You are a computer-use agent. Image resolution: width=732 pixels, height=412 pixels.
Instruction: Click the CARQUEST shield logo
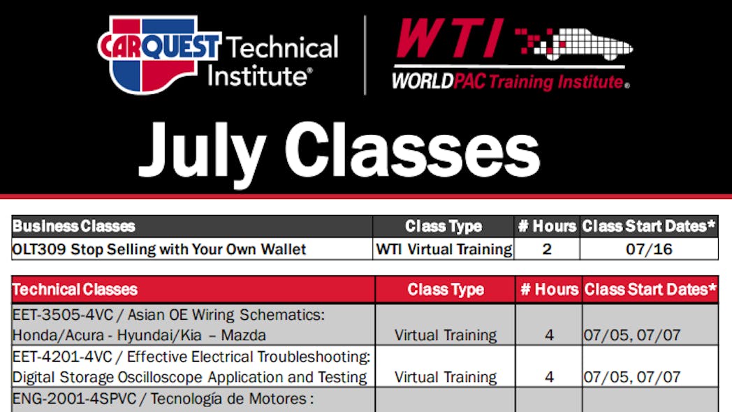[159, 54]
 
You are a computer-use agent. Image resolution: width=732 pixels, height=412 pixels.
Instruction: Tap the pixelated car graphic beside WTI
[573, 44]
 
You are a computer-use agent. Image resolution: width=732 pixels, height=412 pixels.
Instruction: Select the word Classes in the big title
[412, 149]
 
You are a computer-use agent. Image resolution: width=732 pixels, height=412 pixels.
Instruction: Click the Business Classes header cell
[192, 226]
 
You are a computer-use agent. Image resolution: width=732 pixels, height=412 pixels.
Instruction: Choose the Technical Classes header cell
[193, 289]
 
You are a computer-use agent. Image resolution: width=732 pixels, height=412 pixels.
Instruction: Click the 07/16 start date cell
[649, 249]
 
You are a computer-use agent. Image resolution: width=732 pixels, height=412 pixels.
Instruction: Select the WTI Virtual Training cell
[444, 249]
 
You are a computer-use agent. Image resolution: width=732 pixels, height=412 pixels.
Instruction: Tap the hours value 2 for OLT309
[547, 249]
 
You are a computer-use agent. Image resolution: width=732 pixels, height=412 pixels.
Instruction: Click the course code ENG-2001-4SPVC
[74, 399]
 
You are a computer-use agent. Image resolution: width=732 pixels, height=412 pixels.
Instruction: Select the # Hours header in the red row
[549, 289]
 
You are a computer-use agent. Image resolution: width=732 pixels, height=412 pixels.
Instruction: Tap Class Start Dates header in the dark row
[648, 226]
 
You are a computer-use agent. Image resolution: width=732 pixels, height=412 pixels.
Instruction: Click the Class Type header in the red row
[446, 290]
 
